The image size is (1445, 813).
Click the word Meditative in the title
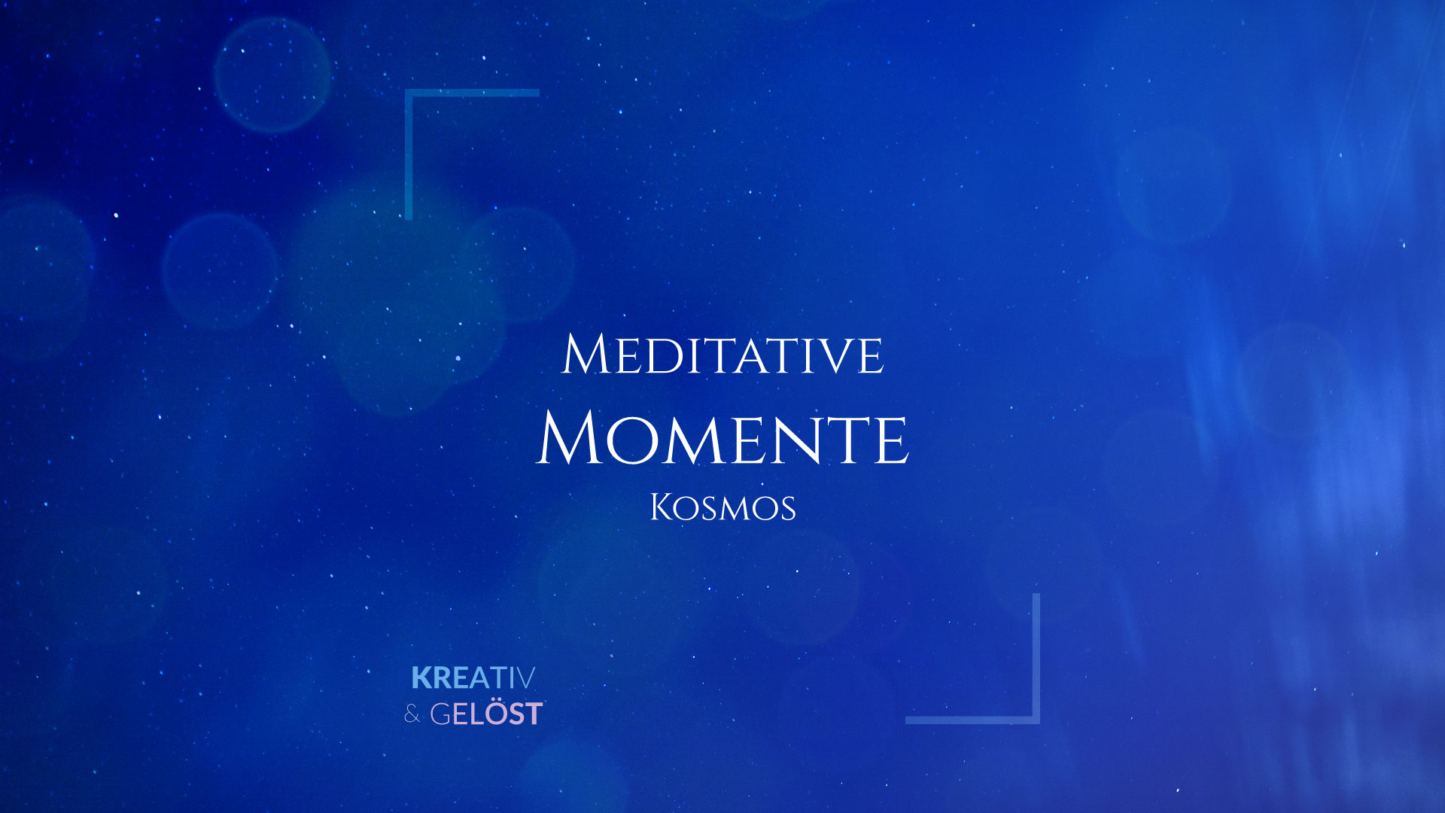coord(722,355)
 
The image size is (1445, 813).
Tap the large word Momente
coord(722,439)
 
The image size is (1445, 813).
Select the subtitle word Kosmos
coord(722,508)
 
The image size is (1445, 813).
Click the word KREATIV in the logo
coord(473,678)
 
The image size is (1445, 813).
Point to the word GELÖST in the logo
coord(486,714)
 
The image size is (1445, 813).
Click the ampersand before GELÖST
coord(412,714)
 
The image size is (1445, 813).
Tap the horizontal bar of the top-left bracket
coord(473,93)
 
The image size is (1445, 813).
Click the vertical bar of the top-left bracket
coord(409,154)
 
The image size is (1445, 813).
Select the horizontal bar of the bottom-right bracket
coord(972,720)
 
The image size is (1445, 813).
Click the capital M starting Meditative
coord(585,355)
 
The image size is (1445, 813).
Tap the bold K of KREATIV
coord(421,678)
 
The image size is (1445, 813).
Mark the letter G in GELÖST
coord(440,714)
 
